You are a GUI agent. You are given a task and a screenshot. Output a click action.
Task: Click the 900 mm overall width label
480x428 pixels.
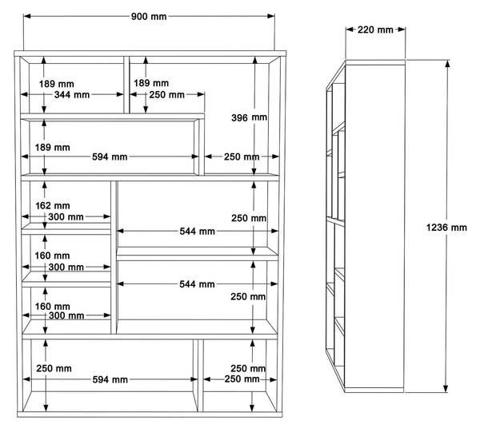click(x=149, y=16)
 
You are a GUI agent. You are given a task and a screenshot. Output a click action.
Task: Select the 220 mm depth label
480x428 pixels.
click(x=375, y=30)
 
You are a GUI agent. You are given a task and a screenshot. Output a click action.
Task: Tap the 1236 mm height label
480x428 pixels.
click(x=446, y=228)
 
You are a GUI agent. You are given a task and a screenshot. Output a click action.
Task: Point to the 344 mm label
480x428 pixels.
click(x=72, y=95)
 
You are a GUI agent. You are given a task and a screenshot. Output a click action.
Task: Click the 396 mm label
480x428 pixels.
click(x=249, y=117)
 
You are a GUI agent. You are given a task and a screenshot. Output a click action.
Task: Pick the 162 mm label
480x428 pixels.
click(x=53, y=205)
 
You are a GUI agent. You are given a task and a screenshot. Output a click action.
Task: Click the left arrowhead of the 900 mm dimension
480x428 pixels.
click(x=27, y=16)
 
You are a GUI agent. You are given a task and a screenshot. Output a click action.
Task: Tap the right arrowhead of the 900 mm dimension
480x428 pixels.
click(x=271, y=16)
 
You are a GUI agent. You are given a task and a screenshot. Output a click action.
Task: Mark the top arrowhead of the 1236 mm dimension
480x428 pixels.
click(x=447, y=64)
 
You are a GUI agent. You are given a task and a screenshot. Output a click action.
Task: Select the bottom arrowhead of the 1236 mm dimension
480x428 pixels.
click(x=446, y=388)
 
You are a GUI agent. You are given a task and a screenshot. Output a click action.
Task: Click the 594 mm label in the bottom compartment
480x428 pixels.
click(x=110, y=380)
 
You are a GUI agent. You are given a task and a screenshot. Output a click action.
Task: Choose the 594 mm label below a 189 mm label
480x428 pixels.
click(x=110, y=157)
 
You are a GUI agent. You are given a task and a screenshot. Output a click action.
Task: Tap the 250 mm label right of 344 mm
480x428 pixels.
click(x=167, y=95)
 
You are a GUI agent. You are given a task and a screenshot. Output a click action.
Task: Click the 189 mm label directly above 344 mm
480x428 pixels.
click(x=57, y=84)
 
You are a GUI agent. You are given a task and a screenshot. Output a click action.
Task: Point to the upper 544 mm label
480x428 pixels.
click(x=197, y=232)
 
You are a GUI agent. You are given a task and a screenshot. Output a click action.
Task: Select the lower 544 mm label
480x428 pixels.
click(x=197, y=284)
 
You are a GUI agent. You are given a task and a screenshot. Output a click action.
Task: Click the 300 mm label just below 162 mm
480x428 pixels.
click(x=66, y=217)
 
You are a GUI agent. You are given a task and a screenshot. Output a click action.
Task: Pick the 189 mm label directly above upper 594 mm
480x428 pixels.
click(x=52, y=148)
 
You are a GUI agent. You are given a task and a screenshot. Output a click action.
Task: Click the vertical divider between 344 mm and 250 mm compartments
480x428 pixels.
click(x=126, y=85)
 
